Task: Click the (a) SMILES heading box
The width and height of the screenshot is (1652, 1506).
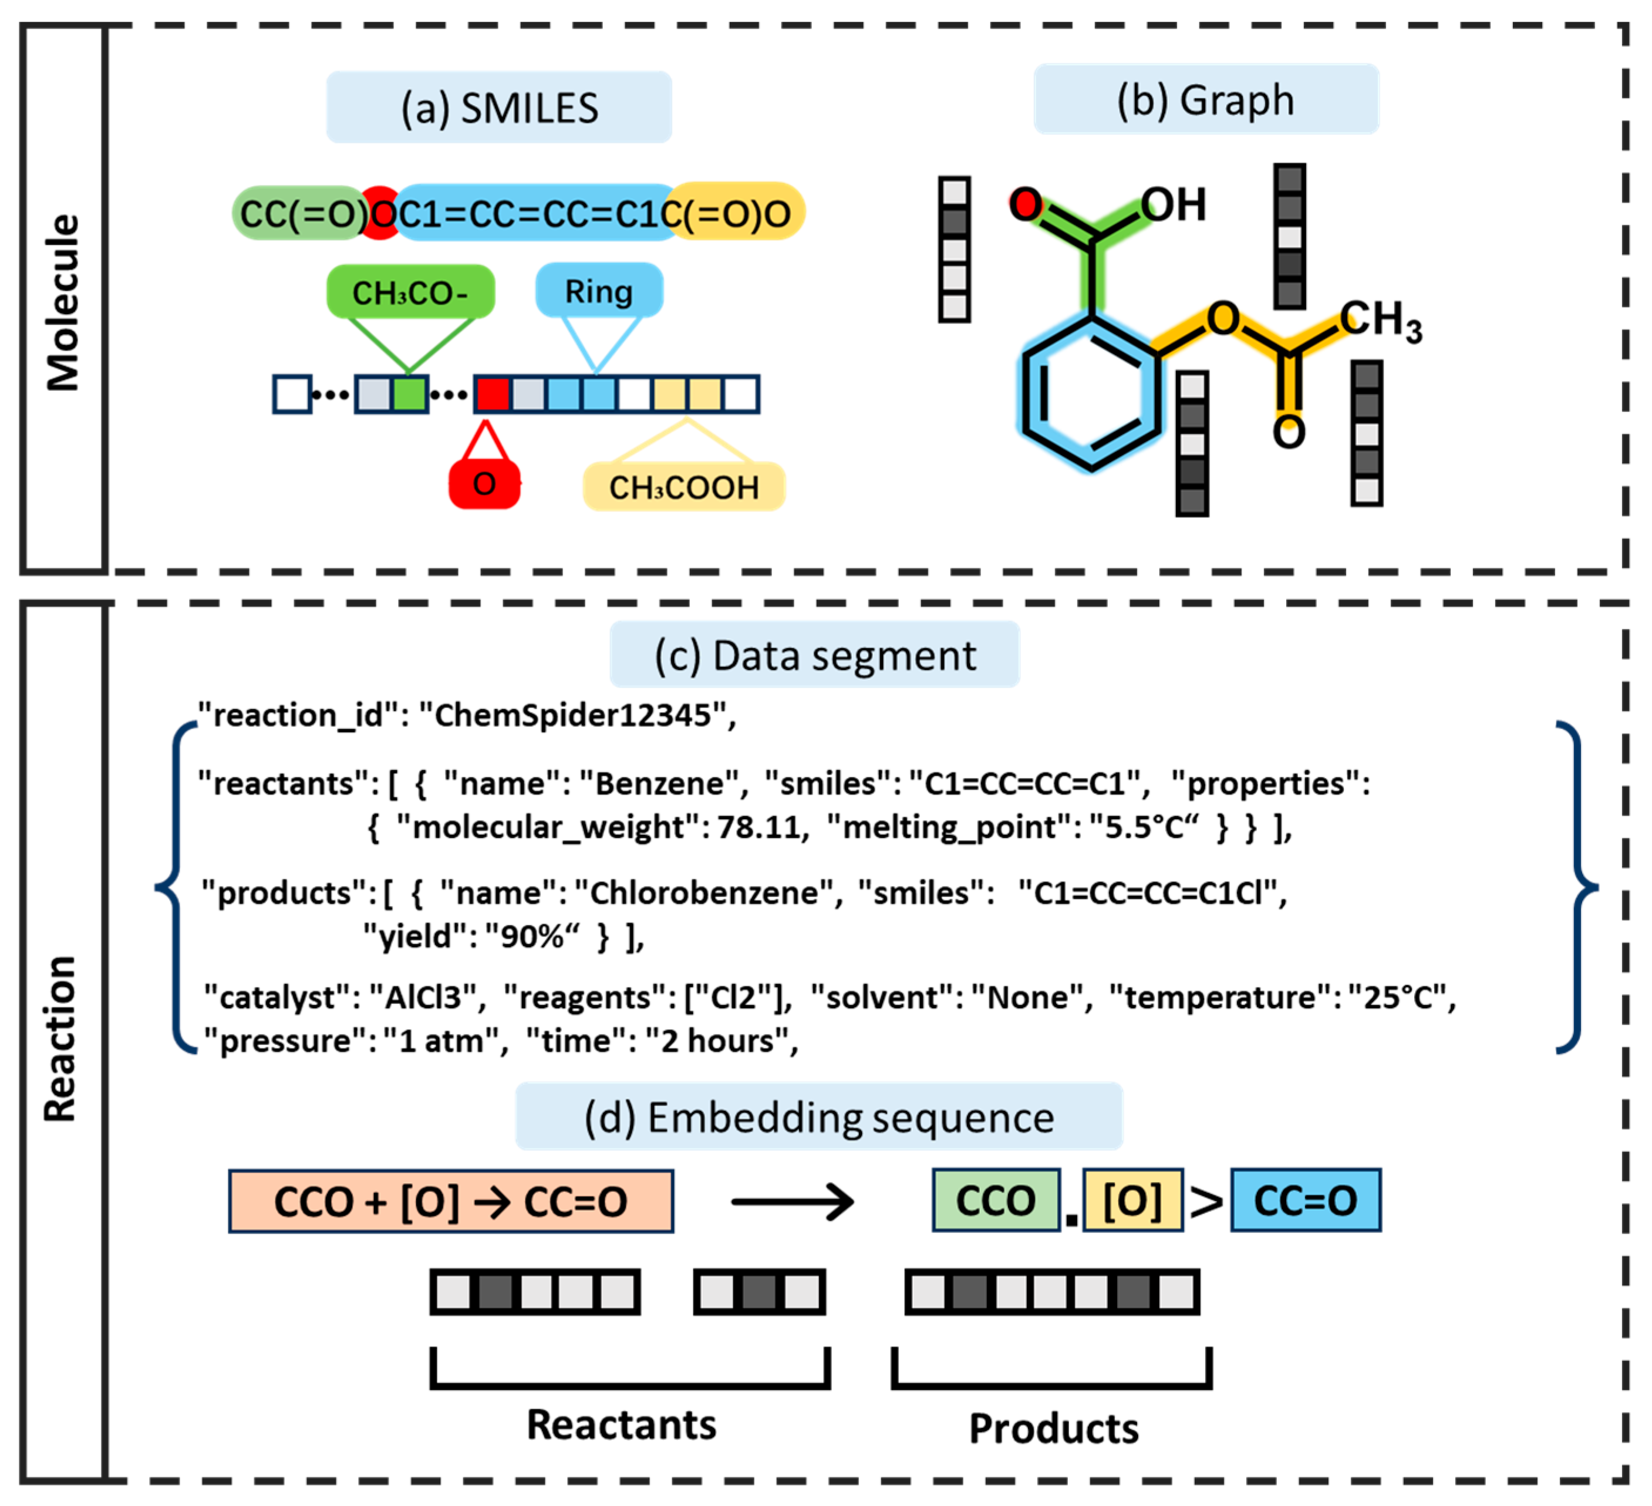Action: point(498,107)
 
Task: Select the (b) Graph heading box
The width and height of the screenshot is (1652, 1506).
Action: point(1205,100)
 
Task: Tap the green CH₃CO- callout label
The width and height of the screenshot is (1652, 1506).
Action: point(410,292)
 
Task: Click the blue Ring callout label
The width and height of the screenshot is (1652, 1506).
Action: point(598,291)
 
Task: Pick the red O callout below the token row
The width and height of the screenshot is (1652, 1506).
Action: point(484,484)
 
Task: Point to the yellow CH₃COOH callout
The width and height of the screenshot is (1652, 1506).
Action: point(683,487)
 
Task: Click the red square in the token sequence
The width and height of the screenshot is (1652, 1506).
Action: point(493,394)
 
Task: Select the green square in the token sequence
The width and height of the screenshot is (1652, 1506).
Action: point(410,394)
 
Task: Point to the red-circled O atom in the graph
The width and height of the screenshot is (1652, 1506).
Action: point(1025,203)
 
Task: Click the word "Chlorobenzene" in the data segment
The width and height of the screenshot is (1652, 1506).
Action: point(704,892)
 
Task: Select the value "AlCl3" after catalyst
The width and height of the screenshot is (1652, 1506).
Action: point(424,997)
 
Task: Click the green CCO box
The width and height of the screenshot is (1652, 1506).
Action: point(996,1200)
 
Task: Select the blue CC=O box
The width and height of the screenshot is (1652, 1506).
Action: point(1306,1200)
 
